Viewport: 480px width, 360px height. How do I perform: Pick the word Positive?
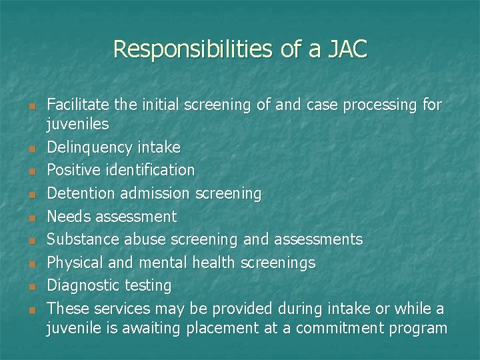pyautogui.click(x=73, y=170)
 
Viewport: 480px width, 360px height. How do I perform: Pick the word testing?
pyautogui.click(x=148, y=286)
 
